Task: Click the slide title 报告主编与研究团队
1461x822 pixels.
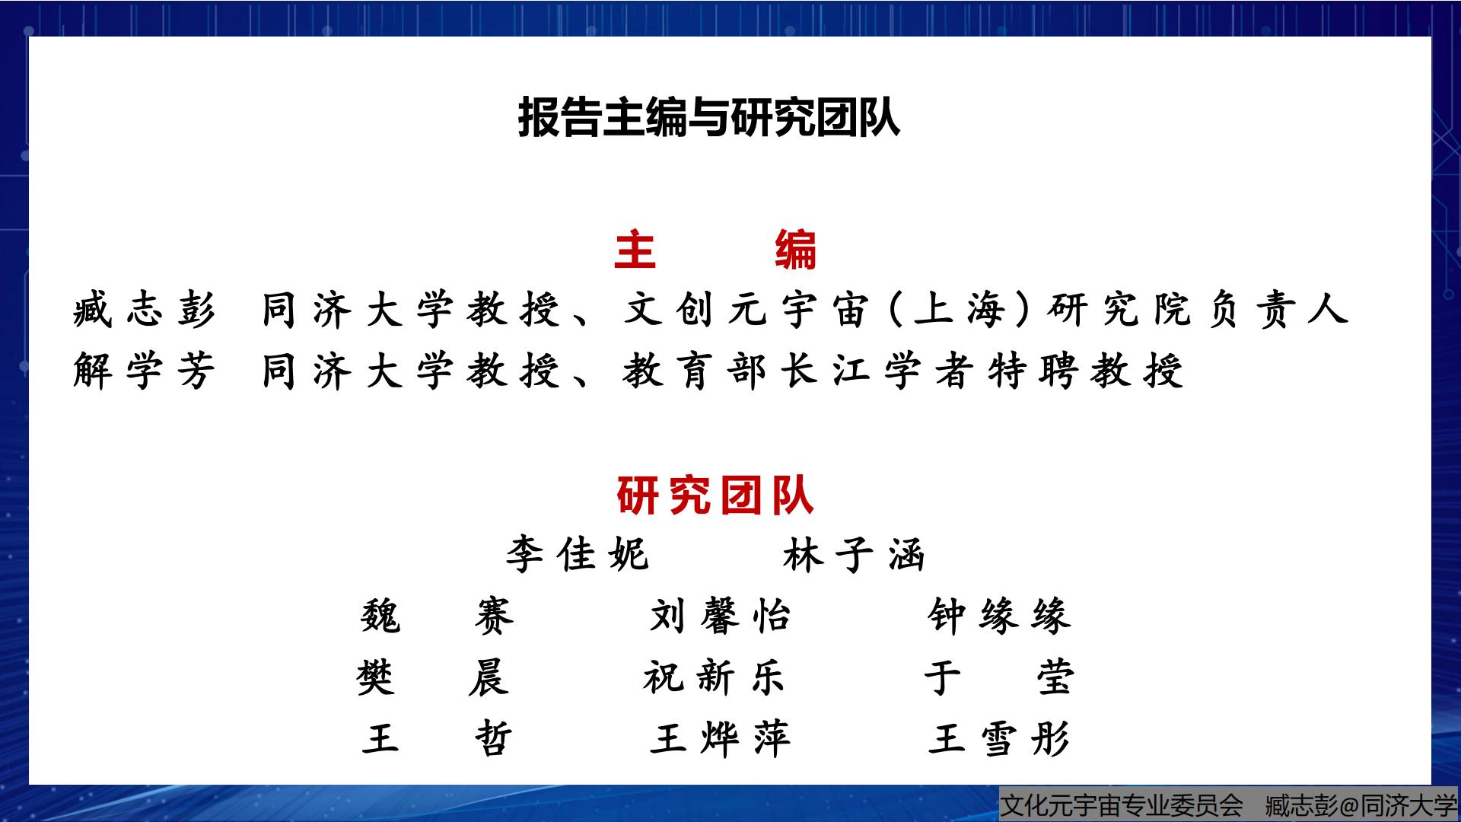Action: [x=708, y=117]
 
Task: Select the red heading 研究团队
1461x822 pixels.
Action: [x=715, y=496]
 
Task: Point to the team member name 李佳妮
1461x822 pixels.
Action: [x=578, y=554]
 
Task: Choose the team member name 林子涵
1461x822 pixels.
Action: [x=854, y=554]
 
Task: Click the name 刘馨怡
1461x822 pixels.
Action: [x=720, y=616]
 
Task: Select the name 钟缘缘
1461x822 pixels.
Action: [x=999, y=616]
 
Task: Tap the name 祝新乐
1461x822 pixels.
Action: [x=714, y=677]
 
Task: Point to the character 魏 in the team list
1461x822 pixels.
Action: [x=380, y=616]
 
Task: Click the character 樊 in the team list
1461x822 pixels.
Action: [x=376, y=677]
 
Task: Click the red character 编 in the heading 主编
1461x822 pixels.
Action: [x=796, y=250]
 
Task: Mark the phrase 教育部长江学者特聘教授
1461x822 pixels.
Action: [x=903, y=371]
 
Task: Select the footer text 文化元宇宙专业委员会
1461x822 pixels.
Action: [x=1122, y=804]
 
